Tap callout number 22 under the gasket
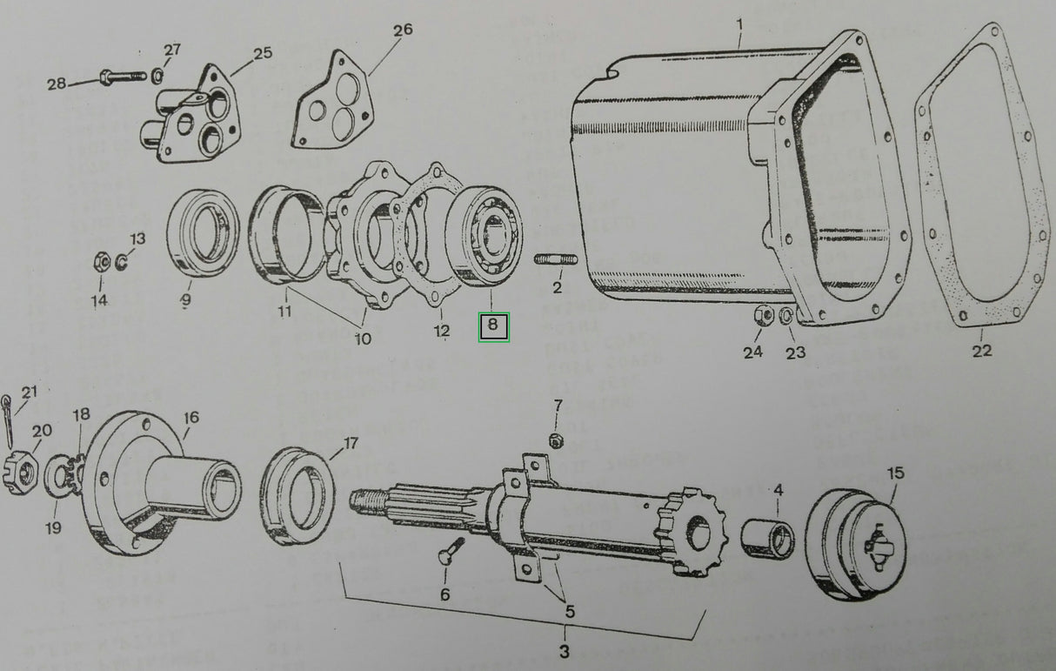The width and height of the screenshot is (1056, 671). [x=981, y=350]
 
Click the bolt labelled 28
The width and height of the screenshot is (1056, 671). [x=121, y=77]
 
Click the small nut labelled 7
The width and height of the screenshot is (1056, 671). [x=557, y=439]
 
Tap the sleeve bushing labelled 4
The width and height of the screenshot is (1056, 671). [x=768, y=539]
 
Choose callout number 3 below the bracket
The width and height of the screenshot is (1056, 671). [x=564, y=651]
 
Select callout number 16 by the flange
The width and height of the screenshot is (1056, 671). [x=190, y=419]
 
